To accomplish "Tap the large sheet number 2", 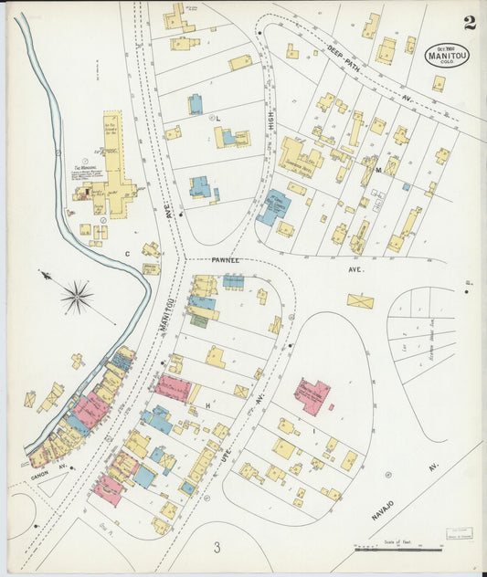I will pyautogui.click(x=469, y=23).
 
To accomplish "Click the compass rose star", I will pyautogui.click(x=78, y=297).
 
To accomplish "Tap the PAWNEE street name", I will pyautogui.click(x=226, y=260).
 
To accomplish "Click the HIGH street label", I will pyautogui.click(x=270, y=117).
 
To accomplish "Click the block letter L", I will pyautogui.click(x=219, y=120).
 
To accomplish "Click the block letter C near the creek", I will pyautogui.click(x=127, y=254).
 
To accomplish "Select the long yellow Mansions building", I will pyautogui.click(x=112, y=155).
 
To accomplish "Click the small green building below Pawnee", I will pyautogui.click(x=198, y=320).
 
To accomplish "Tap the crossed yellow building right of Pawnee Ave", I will pyautogui.click(x=360, y=300).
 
